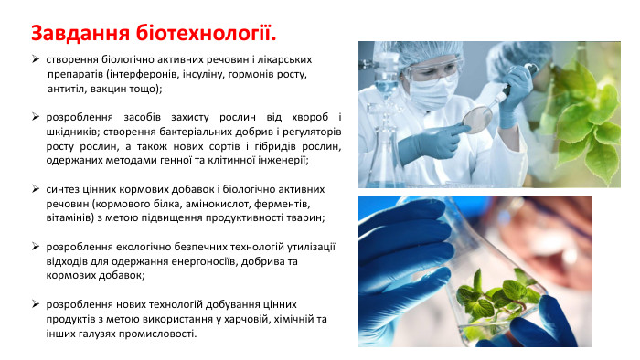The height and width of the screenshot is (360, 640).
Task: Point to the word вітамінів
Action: coord(70,217)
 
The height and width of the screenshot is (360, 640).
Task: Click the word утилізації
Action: coord(304,246)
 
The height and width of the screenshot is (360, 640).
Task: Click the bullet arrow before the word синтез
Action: coord(36,188)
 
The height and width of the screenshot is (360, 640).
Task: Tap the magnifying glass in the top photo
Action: coord(477,117)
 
